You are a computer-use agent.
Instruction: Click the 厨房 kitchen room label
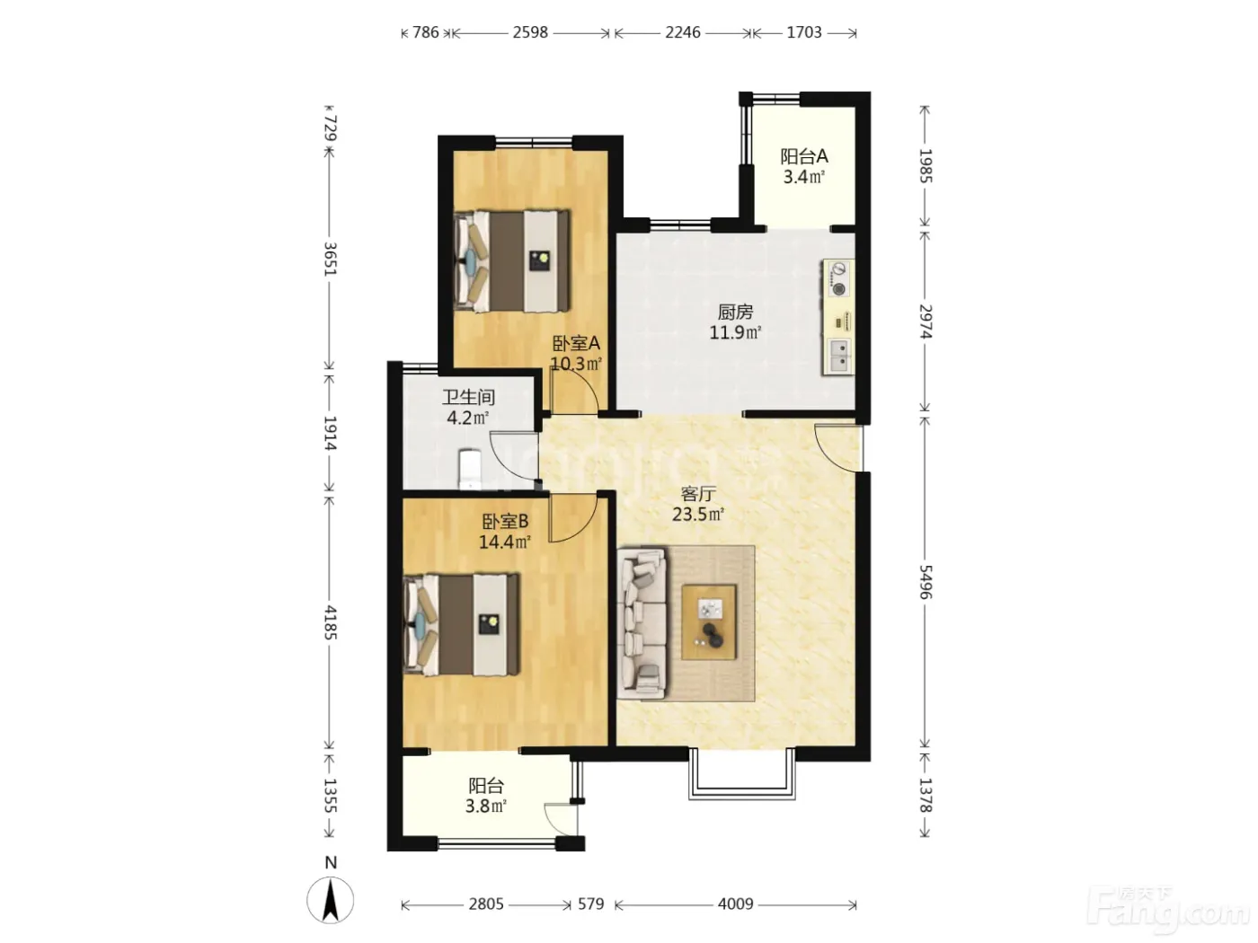(x=735, y=313)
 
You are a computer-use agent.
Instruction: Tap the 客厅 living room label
(x=698, y=494)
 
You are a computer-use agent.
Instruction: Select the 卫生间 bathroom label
(x=468, y=397)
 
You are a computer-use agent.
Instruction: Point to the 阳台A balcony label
(x=803, y=156)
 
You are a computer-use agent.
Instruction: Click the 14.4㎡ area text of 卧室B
(x=504, y=542)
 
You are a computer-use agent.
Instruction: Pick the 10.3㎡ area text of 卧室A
(x=576, y=364)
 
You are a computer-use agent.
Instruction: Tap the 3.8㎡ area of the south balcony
(x=485, y=806)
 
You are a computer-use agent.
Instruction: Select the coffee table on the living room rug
(x=708, y=622)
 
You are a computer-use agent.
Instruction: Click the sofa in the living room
(x=642, y=623)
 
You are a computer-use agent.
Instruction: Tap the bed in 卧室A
(x=512, y=261)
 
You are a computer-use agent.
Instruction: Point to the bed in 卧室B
(x=461, y=624)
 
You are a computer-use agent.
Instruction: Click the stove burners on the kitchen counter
(x=839, y=278)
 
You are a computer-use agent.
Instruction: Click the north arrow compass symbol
(x=330, y=901)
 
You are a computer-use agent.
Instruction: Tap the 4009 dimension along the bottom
(x=735, y=904)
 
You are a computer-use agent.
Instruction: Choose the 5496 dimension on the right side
(x=926, y=582)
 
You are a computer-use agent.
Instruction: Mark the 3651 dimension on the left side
(x=330, y=259)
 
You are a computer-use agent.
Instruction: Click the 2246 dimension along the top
(x=683, y=32)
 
